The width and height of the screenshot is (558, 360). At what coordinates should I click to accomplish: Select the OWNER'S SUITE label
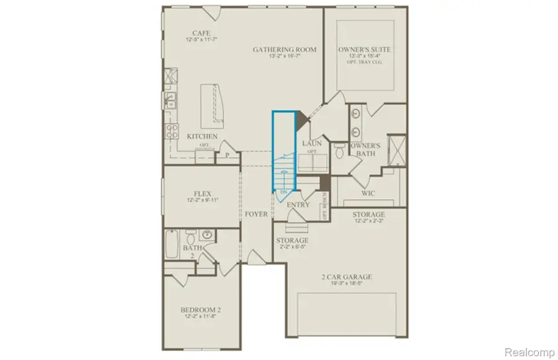(365, 49)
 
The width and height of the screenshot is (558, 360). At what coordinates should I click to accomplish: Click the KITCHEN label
(202, 136)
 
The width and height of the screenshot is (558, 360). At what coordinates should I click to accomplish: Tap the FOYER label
(256, 214)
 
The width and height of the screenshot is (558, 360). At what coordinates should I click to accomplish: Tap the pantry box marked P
(227, 156)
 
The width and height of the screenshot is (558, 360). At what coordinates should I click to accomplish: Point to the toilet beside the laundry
(339, 151)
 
